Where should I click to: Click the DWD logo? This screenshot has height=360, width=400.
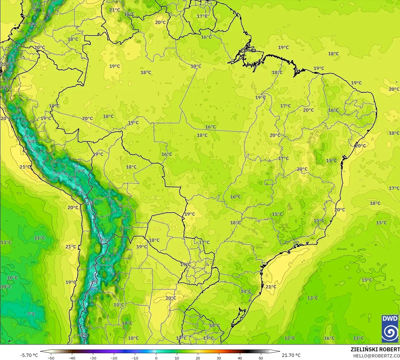pyautogui.click(x=390, y=328)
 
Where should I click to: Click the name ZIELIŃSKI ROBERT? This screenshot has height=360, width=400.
pyautogui.click(x=375, y=349)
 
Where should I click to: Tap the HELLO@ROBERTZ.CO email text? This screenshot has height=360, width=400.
pyautogui.click(x=376, y=356)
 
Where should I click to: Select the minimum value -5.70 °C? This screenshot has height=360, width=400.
pyautogui.click(x=29, y=355)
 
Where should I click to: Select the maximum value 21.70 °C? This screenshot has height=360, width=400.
pyautogui.click(x=291, y=355)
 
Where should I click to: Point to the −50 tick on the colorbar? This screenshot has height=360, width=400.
pyautogui.click(x=51, y=358)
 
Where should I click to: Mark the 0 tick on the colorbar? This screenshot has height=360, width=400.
pyautogui.click(x=156, y=358)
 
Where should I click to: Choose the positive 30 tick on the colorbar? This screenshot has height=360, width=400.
pyautogui.click(x=219, y=358)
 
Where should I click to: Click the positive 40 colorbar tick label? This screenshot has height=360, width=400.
pyautogui.click(x=240, y=358)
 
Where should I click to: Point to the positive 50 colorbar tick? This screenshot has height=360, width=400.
pyautogui.click(x=261, y=358)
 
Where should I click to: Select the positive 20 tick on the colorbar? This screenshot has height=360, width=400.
pyautogui.click(x=198, y=358)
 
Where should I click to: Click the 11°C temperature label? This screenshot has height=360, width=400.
pyautogui.click(x=39, y=238)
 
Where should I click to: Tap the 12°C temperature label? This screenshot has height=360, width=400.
pyautogui.click(x=289, y=338)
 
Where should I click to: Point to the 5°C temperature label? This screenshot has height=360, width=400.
pyautogui.click(x=31, y=142)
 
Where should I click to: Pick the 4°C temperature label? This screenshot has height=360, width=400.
pyautogui.click(x=81, y=171)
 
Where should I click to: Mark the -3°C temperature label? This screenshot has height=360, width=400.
pyautogui.click(x=84, y=335)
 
